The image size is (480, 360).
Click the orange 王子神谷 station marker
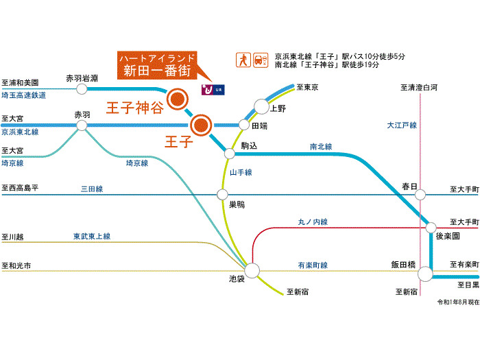177,99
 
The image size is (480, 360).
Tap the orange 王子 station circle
201,125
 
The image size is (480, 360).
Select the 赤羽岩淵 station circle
82,89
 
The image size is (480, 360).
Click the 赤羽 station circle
82,125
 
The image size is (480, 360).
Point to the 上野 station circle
261,106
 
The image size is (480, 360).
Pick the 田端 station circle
244,125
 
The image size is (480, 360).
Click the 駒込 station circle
230,154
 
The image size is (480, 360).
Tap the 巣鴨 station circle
222,194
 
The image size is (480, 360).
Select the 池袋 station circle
252,271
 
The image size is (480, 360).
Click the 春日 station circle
420,194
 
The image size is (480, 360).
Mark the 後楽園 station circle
431,228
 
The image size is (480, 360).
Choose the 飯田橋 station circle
426,274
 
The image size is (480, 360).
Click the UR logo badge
213,89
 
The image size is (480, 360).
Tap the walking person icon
243,60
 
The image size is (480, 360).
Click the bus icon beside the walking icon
261,60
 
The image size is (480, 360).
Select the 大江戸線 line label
402,125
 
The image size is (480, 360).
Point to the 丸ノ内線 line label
313,221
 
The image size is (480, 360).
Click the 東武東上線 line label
92,237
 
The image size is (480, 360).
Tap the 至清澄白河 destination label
419,88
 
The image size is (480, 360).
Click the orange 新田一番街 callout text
157,71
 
